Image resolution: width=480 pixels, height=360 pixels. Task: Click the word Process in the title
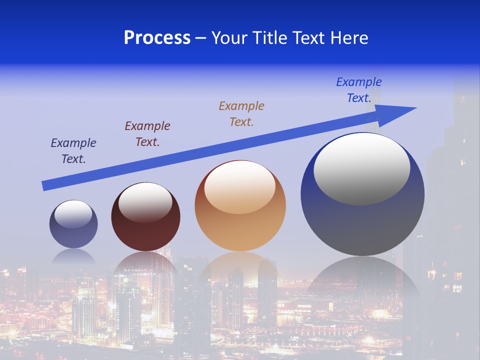[157, 38]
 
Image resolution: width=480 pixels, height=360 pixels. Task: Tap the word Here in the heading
[348, 38]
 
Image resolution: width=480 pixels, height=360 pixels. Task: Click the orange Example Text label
[241, 113]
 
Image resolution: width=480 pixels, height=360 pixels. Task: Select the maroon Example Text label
[147, 133]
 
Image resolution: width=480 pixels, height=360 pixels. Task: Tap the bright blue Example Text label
[359, 90]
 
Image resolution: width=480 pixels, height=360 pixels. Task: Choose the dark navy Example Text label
[73, 150]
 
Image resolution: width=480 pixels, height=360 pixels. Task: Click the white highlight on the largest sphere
[362, 168]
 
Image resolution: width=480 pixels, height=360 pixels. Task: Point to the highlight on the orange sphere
[240, 187]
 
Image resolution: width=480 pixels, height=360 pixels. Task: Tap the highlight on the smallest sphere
[73, 214]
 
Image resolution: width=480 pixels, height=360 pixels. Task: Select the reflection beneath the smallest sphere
[73, 256]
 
